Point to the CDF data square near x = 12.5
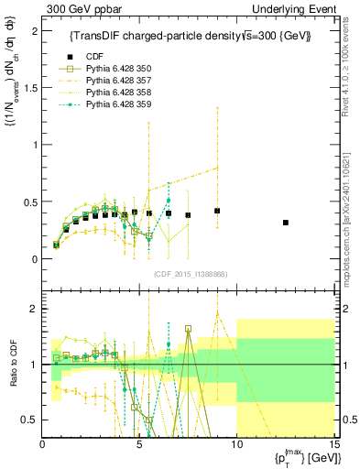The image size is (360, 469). click(285, 223)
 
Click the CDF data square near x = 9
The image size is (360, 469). click(217, 211)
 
